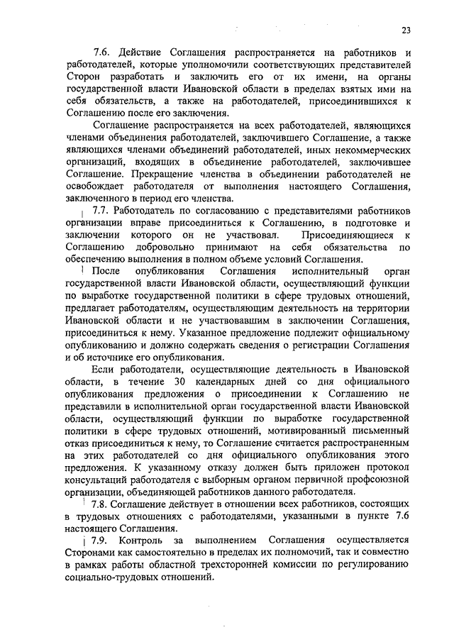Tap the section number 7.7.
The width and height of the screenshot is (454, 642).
101,211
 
